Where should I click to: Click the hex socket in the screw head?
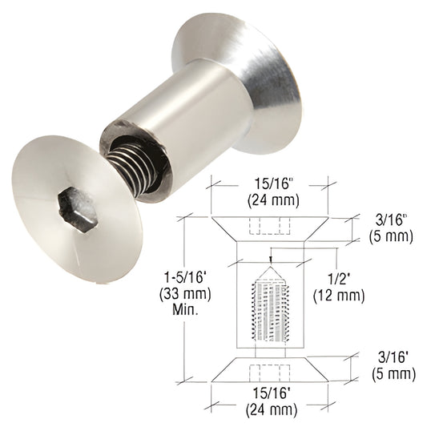[79, 210]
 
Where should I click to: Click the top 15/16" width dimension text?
[272, 184]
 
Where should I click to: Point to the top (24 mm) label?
[273, 200]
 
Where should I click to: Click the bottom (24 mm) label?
[272, 409]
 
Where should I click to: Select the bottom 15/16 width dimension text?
[271, 393]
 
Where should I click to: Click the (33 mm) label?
[185, 294]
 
